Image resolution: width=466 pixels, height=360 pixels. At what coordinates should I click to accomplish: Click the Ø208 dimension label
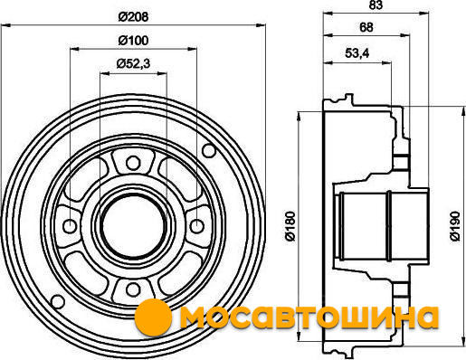(133, 17)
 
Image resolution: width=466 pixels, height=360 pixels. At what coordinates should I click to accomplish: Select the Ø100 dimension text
(133, 40)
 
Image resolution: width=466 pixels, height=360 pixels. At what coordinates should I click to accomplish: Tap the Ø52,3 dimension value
(133, 63)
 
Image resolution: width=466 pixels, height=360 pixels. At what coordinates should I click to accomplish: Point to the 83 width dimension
(376, 5)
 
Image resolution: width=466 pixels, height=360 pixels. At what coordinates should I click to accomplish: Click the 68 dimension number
(366, 27)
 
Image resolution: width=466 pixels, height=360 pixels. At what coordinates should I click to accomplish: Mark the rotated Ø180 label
(290, 226)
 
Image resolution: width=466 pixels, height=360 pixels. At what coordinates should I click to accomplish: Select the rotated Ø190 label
(455, 226)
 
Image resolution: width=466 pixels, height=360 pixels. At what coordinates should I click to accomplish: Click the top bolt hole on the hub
(133, 163)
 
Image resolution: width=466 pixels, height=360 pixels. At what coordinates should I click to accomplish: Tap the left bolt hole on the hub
(70, 226)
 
